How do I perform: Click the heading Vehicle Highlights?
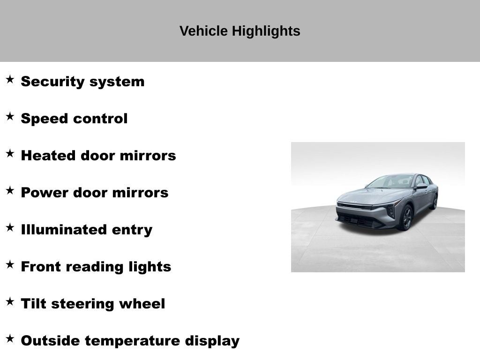240,31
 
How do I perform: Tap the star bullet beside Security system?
10,79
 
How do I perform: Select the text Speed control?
74,119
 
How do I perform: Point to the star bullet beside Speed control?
10,116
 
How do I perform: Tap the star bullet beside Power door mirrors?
10,190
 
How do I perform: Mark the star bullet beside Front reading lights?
10,264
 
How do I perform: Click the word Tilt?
33,304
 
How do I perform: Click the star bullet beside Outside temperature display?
10,338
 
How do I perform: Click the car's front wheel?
406,218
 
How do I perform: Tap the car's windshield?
391,181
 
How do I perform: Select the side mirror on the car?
420,187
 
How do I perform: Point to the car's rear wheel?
435,202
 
